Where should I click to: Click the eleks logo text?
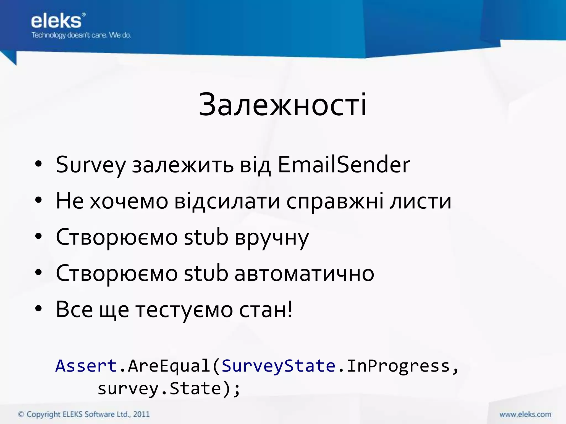(x=56, y=21)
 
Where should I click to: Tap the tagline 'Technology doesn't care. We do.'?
(x=81, y=35)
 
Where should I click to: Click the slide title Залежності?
(x=283, y=105)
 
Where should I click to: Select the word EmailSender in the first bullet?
(x=344, y=165)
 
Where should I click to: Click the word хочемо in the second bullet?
(x=129, y=201)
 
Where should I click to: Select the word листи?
(x=420, y=201)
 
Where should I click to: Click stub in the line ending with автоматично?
(x=206, y=273)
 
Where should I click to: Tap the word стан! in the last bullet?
(x=266, y=310)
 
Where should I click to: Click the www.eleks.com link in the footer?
(x=525, y=414)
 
